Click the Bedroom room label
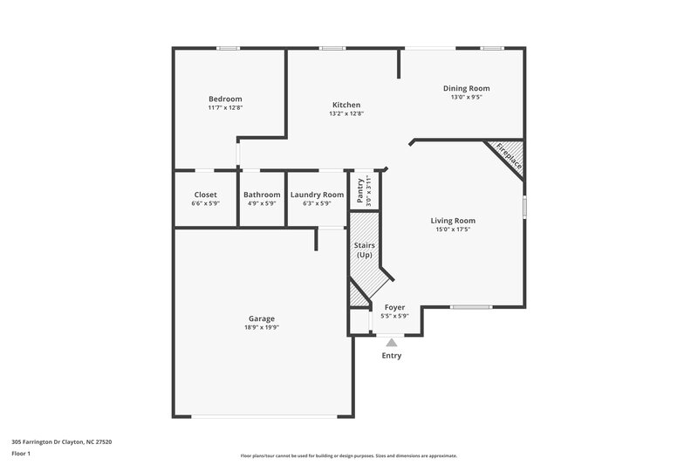click(225, 99)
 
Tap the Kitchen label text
click(346, 105)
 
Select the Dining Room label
click(466, 88)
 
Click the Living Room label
click(453, 221)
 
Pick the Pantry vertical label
click(359, 189)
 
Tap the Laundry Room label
click(317, 195)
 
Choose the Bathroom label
click(262, 195)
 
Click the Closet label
click(205, 195)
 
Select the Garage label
click(261, 319)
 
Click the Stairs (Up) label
click(365, 250)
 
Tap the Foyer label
click(395, 307)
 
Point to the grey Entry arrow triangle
click(391, 343)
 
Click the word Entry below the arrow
click(392, 356)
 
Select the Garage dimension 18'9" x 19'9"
click(261, 328)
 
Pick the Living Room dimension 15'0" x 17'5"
click(453, 229)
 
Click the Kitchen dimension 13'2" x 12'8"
click(346, 113)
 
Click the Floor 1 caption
click(22, 455)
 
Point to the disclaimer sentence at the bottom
click(348, 455)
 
